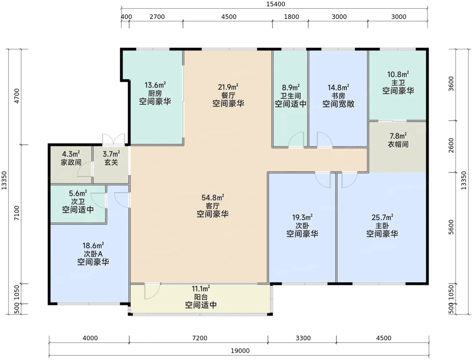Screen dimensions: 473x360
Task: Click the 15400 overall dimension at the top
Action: pos(276,4)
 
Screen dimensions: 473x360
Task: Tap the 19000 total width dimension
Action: pos(240,351)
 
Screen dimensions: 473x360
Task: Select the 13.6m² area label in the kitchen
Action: pos(155,85)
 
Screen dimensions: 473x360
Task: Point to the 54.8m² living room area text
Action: pos(213,197)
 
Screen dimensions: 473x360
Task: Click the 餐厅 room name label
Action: pos(228,95)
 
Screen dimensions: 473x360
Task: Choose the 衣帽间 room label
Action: pos(398,144)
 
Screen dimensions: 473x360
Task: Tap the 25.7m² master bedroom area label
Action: pos(382,217)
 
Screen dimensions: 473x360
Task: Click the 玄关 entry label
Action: pos(111,162)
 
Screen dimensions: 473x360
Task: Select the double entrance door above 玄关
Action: pos(113,139)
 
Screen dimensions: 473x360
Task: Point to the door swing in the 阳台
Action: pos(152,291)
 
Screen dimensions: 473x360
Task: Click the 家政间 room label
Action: pos(71,162)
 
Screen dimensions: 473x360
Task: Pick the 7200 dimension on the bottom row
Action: pos(200,338)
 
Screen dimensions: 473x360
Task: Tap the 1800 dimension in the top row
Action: pos(291,17)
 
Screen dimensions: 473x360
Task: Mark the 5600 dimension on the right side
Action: pos(451,227)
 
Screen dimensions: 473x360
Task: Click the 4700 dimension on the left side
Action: pos(17,96)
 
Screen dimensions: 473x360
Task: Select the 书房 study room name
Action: pos(338,96)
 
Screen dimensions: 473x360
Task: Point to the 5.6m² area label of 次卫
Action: pos(78,193)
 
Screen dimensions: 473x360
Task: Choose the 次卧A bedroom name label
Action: pos(93,254)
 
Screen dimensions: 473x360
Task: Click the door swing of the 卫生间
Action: pos(296,140)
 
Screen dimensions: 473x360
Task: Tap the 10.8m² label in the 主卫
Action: pos(398,74)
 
